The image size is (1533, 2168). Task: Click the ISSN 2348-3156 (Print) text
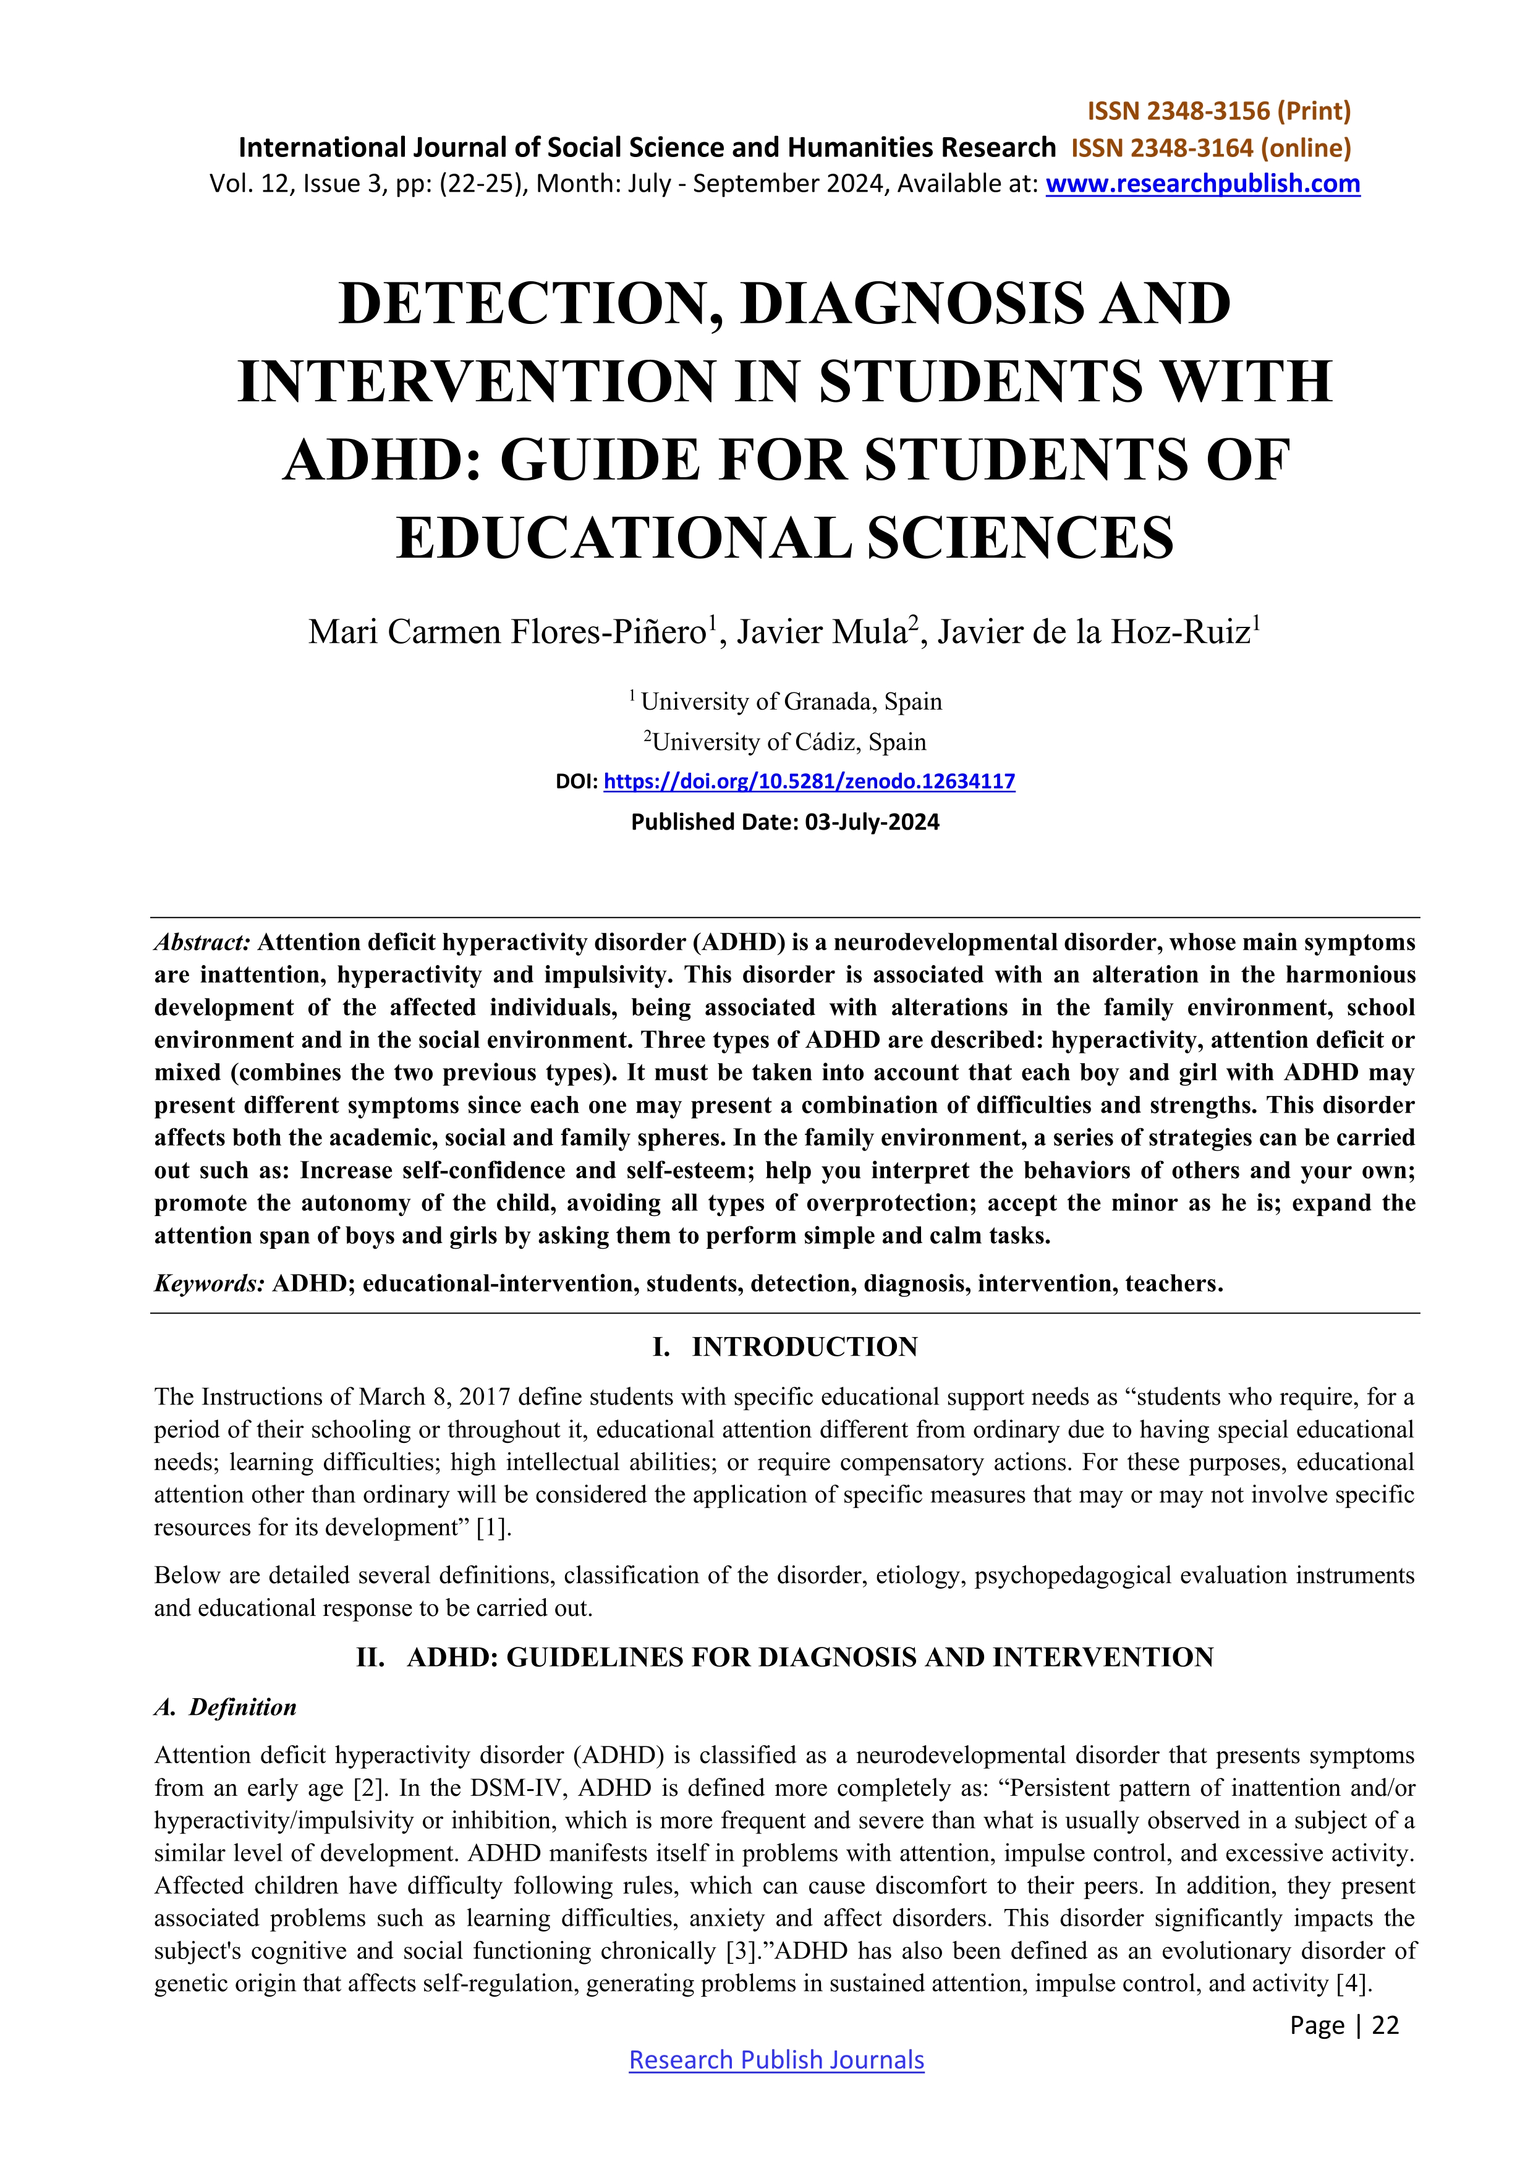pos(1218,111)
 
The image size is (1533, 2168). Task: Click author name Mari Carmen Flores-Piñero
pos(506,632)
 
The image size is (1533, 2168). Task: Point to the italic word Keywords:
pos(208,1283)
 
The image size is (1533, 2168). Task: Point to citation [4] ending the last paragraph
pos(1353,1984)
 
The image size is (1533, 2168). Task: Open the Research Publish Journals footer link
pos(776,2059)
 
